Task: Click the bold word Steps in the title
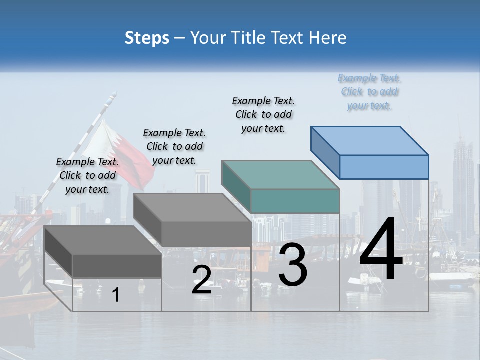147,38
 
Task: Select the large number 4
381,250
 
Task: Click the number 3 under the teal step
293,265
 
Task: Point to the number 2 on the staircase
201,280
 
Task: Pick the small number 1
115,295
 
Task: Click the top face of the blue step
370,141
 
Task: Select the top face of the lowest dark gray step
103,240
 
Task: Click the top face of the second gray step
192,208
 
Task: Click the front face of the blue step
384,167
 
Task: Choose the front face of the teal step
295,201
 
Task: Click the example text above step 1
87,176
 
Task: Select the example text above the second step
174,146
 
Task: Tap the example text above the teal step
263,114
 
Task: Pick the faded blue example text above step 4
369,92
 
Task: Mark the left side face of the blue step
325,153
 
